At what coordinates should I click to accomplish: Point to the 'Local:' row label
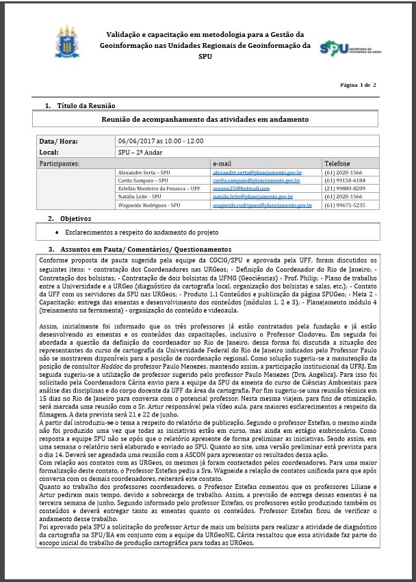(49, 152)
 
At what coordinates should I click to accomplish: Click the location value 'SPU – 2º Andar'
(141, 152)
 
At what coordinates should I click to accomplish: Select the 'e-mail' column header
(223, 164)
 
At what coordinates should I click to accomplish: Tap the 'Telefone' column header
(337, 164)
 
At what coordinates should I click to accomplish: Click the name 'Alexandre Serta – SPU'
(144, 174)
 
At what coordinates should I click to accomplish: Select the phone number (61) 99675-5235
(345, 204)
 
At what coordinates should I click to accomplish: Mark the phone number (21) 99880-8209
(345, 188)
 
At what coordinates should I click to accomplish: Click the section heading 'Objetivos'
(76, 219)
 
